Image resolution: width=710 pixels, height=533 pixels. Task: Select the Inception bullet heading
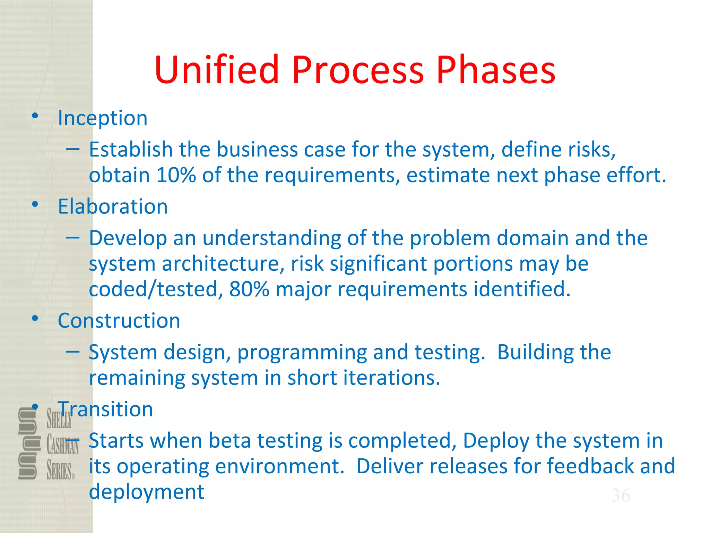(103, 118)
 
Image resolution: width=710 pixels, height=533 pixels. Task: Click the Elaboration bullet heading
(113, 206)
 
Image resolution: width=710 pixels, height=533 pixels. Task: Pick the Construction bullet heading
(119, 320)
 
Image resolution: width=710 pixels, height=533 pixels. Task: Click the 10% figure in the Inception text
(176, 175)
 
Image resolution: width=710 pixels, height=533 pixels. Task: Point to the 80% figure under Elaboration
(249, 289)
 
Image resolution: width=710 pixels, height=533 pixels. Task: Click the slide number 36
(621, 495)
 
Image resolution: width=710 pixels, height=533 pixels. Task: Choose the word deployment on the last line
(146, 492)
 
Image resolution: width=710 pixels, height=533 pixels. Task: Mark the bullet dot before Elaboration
(35, 204)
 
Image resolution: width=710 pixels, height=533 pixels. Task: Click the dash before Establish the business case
(73, 149)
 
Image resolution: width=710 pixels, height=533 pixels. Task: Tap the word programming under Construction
(302, 353)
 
